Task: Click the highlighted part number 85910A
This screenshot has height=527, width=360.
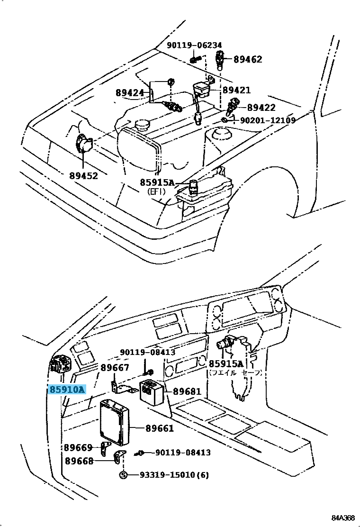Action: coord(67,390)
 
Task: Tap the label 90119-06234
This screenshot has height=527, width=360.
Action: coord(194,45)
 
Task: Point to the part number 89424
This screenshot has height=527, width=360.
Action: coord(129,93)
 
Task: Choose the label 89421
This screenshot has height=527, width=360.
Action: coord(236,90)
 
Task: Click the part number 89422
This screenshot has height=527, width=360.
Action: coord(261,108)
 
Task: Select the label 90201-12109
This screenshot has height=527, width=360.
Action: coord(268,120)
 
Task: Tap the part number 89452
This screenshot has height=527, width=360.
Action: coord(83,176)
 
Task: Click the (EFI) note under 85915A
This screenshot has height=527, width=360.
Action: coord(156,191)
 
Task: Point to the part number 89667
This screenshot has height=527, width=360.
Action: coord(115,368)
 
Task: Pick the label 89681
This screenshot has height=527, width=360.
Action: coord(187,392)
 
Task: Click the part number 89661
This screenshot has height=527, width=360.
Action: coord(160,428)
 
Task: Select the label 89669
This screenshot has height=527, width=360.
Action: coord(78,448)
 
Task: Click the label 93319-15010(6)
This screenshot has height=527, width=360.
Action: coord(174,475)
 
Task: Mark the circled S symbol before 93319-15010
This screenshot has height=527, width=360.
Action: coord(123,475)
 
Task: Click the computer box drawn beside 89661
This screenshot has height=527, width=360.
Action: coord(115,421)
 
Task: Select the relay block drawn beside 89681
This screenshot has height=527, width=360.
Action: coord(152,391)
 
